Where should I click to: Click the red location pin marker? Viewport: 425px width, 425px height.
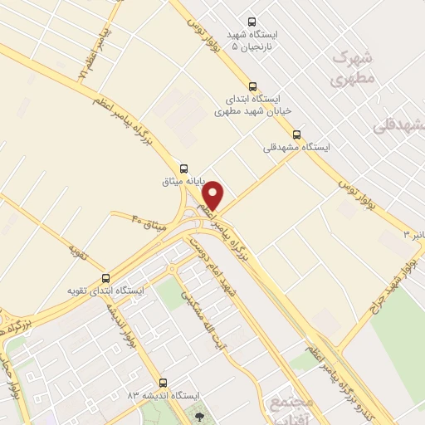214,195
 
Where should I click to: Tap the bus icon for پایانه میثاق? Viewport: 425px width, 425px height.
183,167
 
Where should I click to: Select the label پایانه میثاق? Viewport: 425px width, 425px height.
182,180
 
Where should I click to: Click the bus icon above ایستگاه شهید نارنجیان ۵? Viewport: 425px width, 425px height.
252,22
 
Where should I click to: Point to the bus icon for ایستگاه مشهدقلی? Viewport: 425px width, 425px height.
296,134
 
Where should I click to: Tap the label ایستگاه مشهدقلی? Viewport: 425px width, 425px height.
296,147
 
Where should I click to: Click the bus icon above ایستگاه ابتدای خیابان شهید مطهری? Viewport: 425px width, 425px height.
252,85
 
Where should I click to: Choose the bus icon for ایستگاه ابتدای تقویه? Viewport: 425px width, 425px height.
105,278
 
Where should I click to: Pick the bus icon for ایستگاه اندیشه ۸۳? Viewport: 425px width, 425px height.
162,383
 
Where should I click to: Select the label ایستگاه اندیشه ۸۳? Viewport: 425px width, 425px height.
154,396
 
